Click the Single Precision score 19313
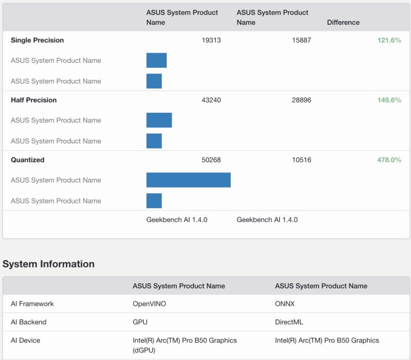point(211,40)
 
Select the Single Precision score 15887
point(301,40)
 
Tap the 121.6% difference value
point(389,40)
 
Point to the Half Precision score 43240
point(211,100)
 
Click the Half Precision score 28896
point(301,100)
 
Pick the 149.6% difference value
point(389,100)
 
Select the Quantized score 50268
point(211,160)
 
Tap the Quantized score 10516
point(301,160)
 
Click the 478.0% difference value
point(389,160)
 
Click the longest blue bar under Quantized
point(189,180)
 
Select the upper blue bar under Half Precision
point(159,120)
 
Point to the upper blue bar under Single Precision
point(157,60)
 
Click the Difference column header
point(343,23)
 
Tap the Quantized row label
point(28,160)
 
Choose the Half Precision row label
point(33,100)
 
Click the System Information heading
point(48,264)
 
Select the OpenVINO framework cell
point(150,303)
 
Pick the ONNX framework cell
point(285,303)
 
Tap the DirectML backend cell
point(290,322)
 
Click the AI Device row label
point(25,340)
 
